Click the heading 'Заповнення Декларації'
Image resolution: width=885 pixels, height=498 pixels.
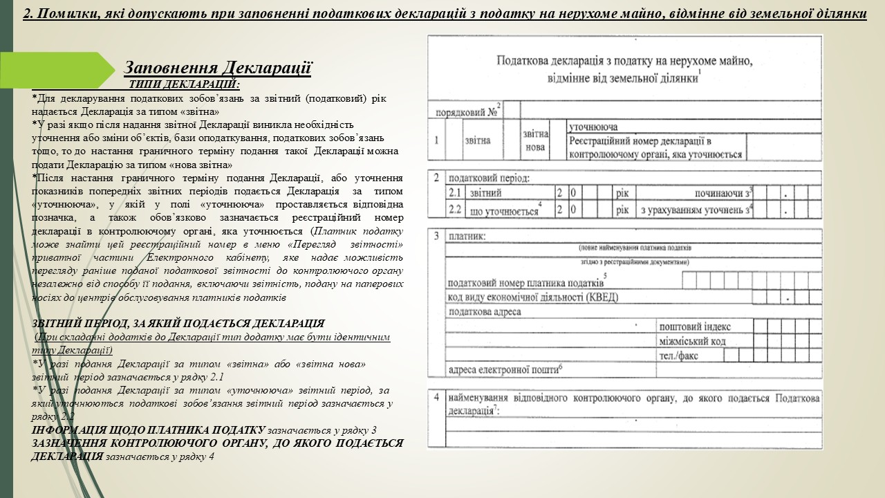[218, 68]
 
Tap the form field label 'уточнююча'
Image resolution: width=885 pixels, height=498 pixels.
[593, 127]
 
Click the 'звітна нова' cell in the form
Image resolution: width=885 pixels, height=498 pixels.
[535, 140]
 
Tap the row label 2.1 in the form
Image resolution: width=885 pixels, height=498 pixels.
[454, 193]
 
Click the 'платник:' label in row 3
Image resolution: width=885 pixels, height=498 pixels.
[467, 236]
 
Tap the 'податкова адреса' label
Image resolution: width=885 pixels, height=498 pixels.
[485, 312]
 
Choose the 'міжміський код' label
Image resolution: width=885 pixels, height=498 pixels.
[693, 341]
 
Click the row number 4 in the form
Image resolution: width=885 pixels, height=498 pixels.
[436, 398]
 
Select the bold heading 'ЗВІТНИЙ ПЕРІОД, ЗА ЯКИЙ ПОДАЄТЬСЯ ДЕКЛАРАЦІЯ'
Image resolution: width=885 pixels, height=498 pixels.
[178, 324]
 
